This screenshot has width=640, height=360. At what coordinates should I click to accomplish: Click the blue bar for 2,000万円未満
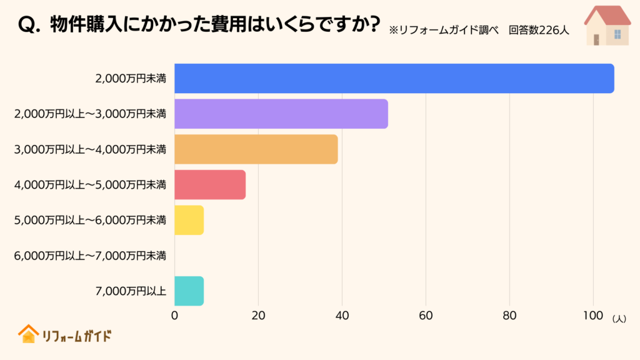pyautogui.click(x=394, y=79)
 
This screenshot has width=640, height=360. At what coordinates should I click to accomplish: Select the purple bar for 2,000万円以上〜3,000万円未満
pyautogui.click(x=281, y=114)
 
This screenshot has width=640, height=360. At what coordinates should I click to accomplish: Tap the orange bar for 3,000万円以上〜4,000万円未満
pyautogui.click(x=256, y=149)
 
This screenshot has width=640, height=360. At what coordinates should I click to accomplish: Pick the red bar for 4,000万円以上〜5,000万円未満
pyautogui.click(x=209, y=184)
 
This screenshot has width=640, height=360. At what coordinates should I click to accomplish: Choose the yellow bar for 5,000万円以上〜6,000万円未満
pyautogui.click(x=189, y=220)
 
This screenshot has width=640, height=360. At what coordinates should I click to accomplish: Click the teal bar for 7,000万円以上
pyautogui.click(x=189, y=291)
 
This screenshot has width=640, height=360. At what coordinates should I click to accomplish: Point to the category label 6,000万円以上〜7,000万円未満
pyautogui.click(x=90, y=255)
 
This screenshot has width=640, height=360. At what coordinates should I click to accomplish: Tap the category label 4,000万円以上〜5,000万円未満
pyautogui.click(x=90, y=184)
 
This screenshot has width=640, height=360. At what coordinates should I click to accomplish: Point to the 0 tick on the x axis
pyautogui.click(x=174, y=316)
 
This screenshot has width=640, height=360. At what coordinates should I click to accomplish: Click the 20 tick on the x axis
pyautogui.click(x=258, y=316)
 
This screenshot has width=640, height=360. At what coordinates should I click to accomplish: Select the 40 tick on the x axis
pyautogui.click(x=342, y=316)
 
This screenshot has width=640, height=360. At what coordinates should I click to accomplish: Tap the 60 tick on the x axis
pyautogui.click(x=426, y=316)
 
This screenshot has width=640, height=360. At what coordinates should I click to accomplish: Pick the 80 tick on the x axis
pyautogui.click(x=509, y=316)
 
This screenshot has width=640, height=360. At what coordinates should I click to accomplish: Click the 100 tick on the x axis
pyautogui.click(x=593, y=316)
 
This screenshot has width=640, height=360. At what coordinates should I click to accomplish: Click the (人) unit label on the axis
pyautogui.click(x=619, y=318)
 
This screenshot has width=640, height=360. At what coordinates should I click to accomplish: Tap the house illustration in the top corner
pyautogui.click(x=607, y=26)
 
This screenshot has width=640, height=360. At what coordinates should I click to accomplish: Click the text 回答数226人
pyautogui.click(x=539, y=30)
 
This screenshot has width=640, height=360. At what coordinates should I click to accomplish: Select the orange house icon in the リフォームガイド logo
pyautogui.click(x=27, y=334)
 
